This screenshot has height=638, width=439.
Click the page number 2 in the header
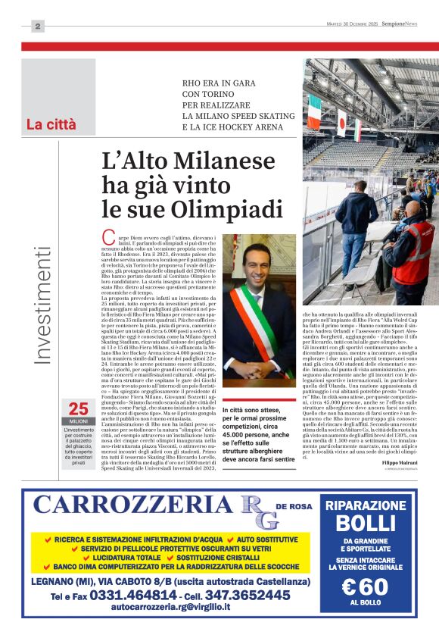38,27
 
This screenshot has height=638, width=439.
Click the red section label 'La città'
51,124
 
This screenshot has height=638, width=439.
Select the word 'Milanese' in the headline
229,161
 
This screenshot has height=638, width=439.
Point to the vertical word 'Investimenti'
44,304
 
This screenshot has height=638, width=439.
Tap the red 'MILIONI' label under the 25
79,421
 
